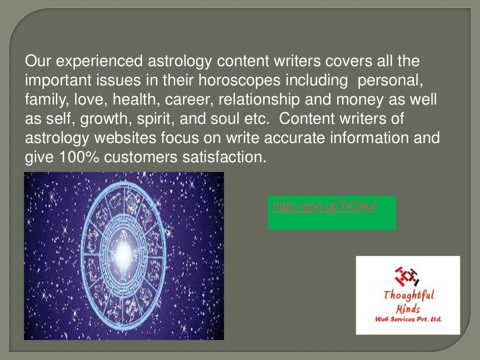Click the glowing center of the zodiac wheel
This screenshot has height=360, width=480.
(123, 253)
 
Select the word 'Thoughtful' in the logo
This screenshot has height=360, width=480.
(408, 295)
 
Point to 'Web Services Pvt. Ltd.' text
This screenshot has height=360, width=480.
(408, 320)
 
